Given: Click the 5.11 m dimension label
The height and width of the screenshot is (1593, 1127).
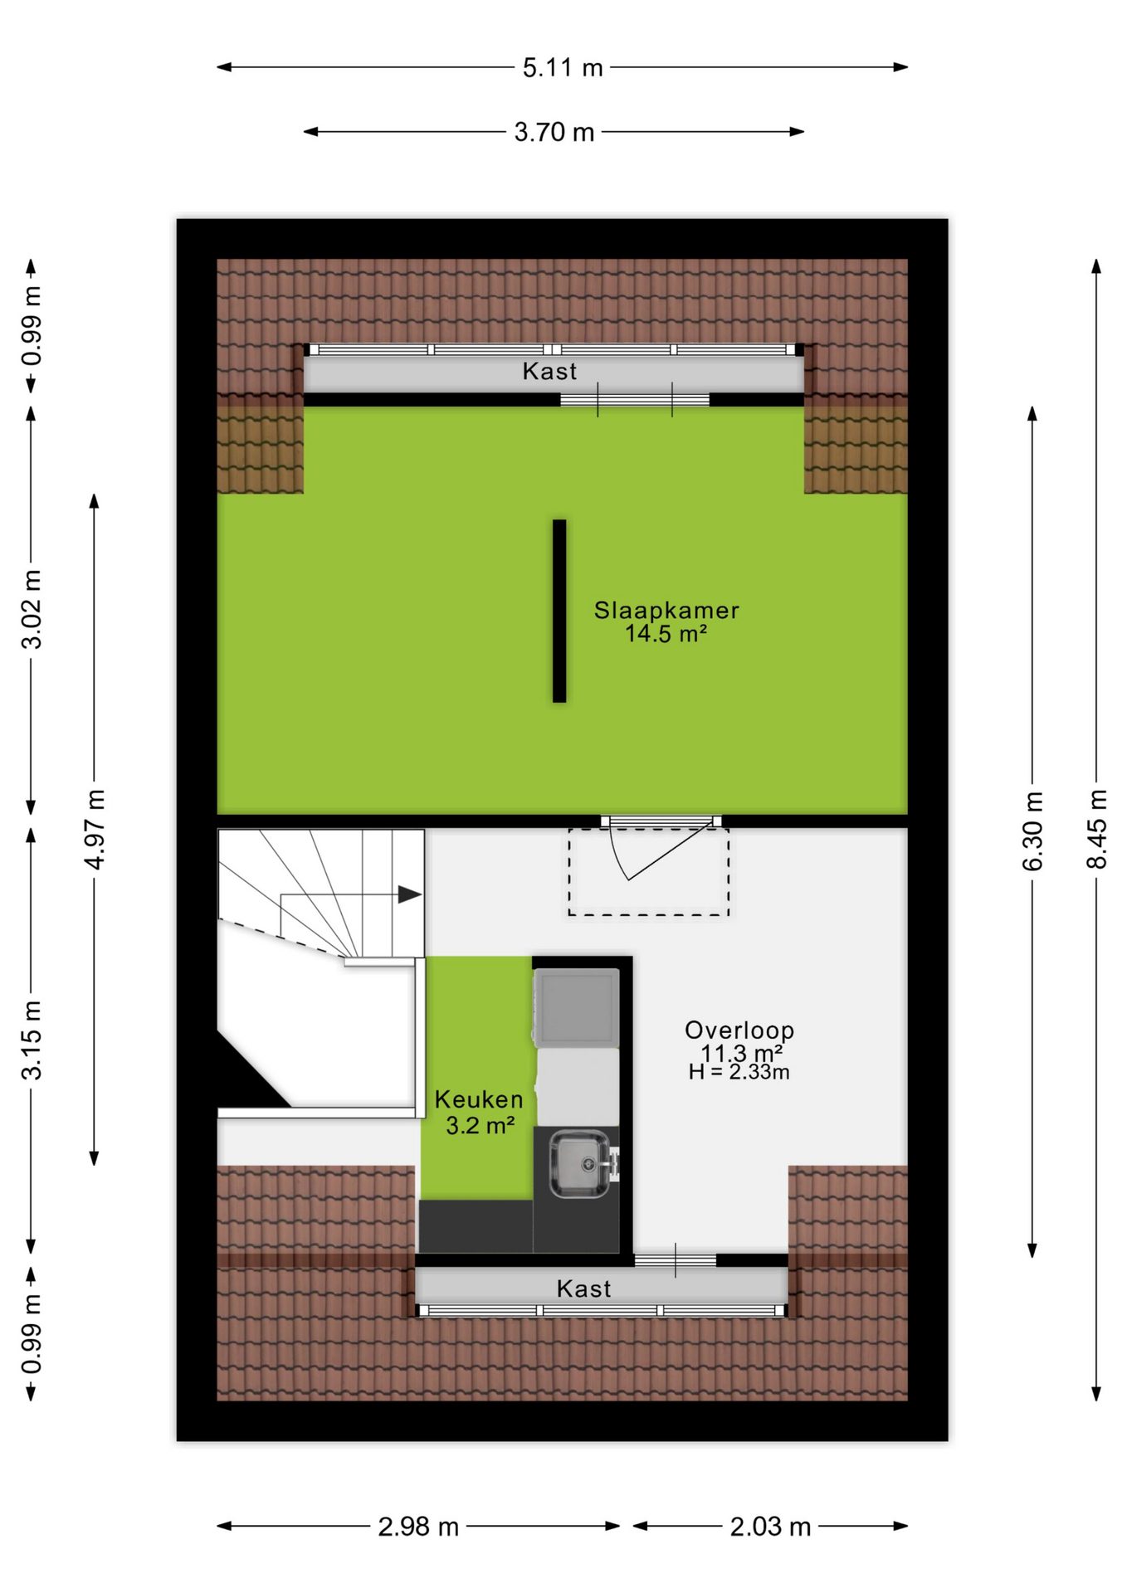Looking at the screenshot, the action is point(563,67).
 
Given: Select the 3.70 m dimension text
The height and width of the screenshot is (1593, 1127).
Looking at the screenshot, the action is point(554,132).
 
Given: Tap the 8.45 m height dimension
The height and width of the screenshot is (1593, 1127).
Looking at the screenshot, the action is point(1096,829).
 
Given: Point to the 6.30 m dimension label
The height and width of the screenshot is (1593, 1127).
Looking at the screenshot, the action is point(1032,831).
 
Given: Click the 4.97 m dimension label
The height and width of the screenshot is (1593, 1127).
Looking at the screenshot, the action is point(95,830).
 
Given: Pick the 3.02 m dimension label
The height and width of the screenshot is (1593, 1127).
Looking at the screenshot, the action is point(31,610).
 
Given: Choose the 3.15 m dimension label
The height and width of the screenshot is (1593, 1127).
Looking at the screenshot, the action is point(31,1040).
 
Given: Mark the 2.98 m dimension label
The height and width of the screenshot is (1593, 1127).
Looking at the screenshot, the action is point(418,1527).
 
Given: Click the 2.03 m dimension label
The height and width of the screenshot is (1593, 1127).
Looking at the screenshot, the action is point(770,1527).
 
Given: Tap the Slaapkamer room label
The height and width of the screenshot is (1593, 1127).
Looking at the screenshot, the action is point(666,610).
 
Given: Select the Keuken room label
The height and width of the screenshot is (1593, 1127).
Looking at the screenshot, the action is point(479,1099).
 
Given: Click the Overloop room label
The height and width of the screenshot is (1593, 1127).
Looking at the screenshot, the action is point(739,1030).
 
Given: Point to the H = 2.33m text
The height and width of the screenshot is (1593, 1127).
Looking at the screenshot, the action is point(739,1072).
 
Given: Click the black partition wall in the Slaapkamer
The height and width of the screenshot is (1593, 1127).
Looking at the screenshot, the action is point(559,611).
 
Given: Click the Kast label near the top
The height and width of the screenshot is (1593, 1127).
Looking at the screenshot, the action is point(549,371).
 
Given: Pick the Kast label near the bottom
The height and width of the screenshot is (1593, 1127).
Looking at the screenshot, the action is point(583,1289).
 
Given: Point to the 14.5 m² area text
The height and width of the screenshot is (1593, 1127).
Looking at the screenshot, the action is point(666,634).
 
